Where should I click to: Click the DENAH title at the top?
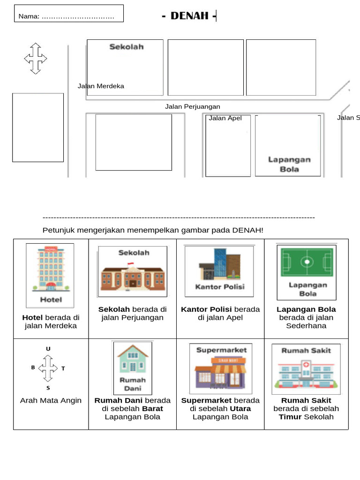coord(189,16)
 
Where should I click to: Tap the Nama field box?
coord(68,14)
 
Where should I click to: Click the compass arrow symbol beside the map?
coord(36,59)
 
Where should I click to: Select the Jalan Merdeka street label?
coord(101,86)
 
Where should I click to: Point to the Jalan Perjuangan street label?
coord(192,106)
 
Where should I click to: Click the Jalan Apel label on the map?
coord(225,118)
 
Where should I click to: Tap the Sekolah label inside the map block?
coord(127,47)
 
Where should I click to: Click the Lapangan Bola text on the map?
coord(289,164)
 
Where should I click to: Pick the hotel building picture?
coord(50,270)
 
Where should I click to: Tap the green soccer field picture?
coord(307,262)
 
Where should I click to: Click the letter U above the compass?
coord(48,349)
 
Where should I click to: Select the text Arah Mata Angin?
coord(51,400)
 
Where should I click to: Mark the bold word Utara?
coord(240,408)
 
